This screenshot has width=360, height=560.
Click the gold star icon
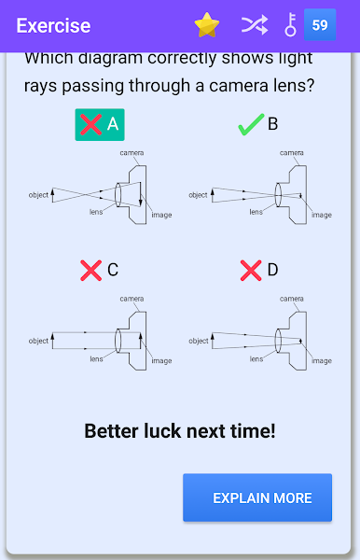point(207,25)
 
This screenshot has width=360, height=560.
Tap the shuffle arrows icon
point(255,25)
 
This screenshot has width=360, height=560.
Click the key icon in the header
point(291,24)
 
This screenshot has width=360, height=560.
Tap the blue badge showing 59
point(320,24)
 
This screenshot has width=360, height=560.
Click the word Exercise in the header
point(53,26)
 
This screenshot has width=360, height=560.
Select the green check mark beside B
point(251,125)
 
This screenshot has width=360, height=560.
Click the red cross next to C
point(91,271)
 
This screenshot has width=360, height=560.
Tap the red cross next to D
point(251,271)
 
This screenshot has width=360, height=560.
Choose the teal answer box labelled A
point(100,125)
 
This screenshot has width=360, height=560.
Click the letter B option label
point(272,124)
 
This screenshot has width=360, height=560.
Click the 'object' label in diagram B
point(198,195)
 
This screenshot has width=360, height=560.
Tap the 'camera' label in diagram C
point(132,299)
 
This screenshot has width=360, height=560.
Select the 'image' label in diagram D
point(322,360)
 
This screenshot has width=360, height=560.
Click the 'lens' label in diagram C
point(96,358)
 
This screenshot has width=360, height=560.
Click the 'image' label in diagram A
point(161,215)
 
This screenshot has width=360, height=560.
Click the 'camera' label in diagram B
point(292,153)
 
